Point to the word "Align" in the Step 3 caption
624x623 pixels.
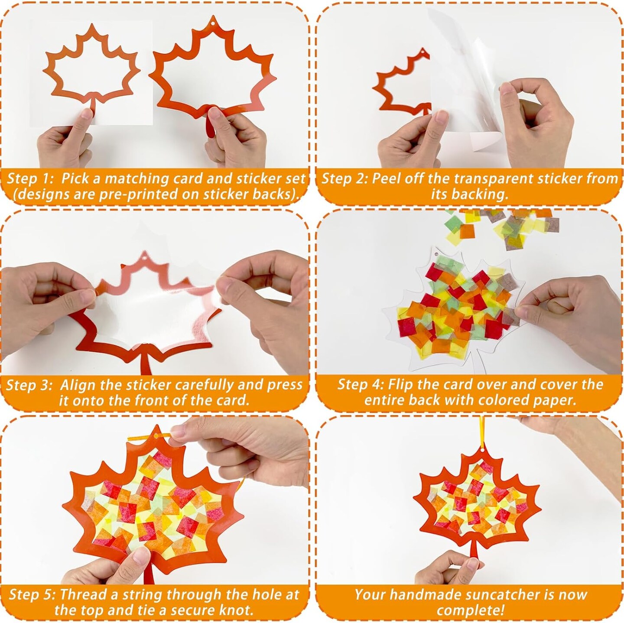pos(78,385)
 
